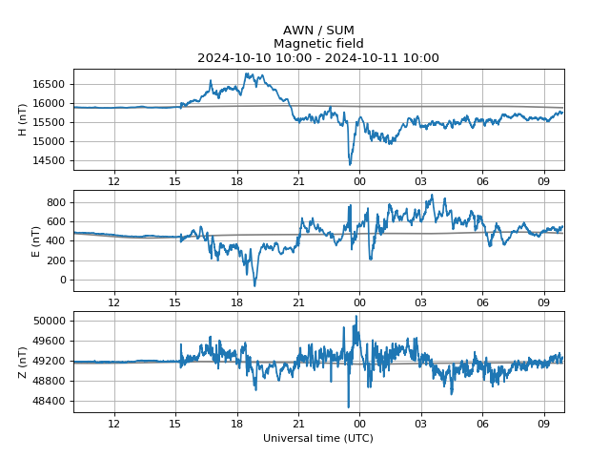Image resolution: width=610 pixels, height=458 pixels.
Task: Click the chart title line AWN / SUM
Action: [x=318, y=31]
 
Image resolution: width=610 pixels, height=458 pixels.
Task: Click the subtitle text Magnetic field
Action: [x=318, y=44]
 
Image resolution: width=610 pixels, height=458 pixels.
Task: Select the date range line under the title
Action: [x=318, y=58]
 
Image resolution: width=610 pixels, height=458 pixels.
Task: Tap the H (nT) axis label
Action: [x=24, y=119]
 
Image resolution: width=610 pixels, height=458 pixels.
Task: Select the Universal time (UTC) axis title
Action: [x=318, y=438]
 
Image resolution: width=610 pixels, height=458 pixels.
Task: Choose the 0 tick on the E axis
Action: [x=63, y=280]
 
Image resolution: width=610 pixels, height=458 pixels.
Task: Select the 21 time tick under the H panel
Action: [x=298, y=181]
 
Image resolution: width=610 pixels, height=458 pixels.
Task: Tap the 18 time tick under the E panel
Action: [x=236, y=302]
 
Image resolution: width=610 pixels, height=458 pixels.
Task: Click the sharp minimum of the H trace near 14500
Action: [x=350, y=164]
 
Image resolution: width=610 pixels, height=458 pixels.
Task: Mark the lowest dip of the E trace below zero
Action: [x=254, y=285]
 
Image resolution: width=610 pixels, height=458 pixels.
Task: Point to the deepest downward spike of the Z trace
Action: [x=348, y=407]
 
